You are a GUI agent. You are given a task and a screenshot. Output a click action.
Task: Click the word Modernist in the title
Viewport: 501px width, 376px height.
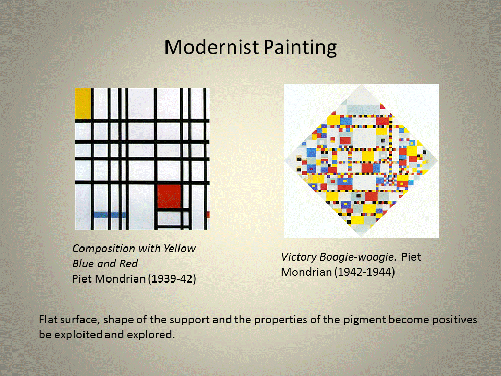(x=211, y=47)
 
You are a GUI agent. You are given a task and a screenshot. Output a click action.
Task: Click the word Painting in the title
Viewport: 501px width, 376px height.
(x=300, y=48)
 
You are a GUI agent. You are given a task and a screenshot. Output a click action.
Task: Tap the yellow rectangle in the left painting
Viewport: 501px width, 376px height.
(x=83, y=103)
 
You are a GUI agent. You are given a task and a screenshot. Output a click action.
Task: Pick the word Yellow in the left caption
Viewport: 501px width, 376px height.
(x=179, y=249)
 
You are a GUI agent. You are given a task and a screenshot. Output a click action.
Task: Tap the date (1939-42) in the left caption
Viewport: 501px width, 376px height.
(x=172, y=279)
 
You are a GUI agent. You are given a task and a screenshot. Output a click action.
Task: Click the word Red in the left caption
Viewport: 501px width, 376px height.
(x=128, y=263)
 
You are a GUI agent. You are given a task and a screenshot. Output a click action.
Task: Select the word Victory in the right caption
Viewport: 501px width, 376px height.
(x=299, y=257)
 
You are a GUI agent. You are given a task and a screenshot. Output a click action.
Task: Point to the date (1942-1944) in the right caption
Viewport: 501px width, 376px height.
(x=365, y=272)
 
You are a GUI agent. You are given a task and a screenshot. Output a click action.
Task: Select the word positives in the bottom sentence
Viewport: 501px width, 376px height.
(x=455, y=320)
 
